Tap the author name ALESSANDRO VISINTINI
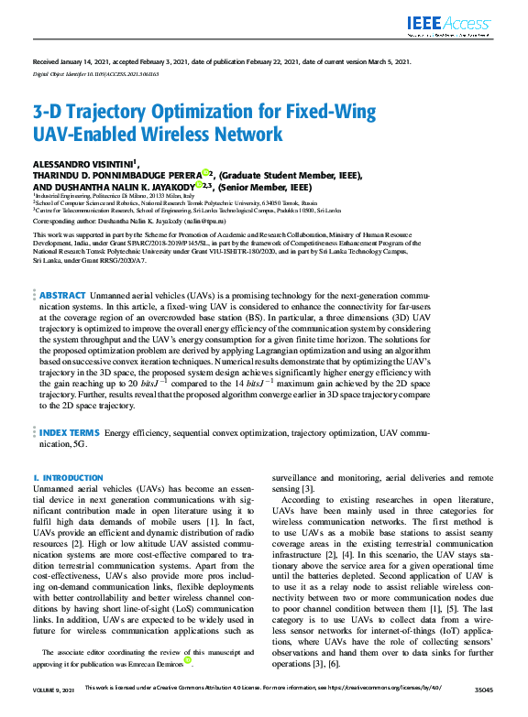point(82,163)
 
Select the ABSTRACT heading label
point(62,296)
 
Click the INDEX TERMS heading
point(70,430)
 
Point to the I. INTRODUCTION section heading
point(68,478)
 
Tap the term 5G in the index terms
point(80,443)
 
